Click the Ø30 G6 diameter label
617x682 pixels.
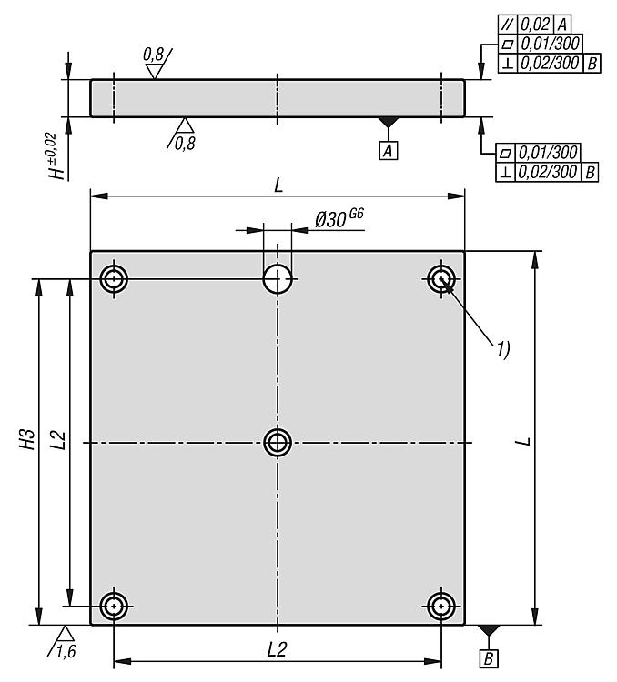click(x=339, y=218)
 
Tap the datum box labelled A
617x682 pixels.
click(x=388, y=151)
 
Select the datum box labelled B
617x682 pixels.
click(x=489, y=659)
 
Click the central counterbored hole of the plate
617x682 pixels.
click(x=278, y=443)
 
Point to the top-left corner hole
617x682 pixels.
click(x=114, y=279)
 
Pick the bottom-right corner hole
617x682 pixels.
click(x=441, y=606)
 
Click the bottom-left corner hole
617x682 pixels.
click(x=114, y=606)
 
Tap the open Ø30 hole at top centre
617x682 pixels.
click(x=278, y=279)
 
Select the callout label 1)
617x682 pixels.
click(x=503, y=349)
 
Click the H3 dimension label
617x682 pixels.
click(x=28, y=439)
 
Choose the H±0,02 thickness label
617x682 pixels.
click(x=56, y=156)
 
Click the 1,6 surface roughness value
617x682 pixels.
click(x=66, y=652)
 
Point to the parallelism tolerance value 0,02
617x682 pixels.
click(x=536, y=25)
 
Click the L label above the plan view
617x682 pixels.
click(x=278, y=186)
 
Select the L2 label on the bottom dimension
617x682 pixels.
click(x=277, y=650)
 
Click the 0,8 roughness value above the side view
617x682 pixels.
click(x=153, y=55)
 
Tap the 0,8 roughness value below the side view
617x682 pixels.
click(x=185, y=144)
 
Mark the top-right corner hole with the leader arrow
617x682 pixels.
click(x=441, y=279)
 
